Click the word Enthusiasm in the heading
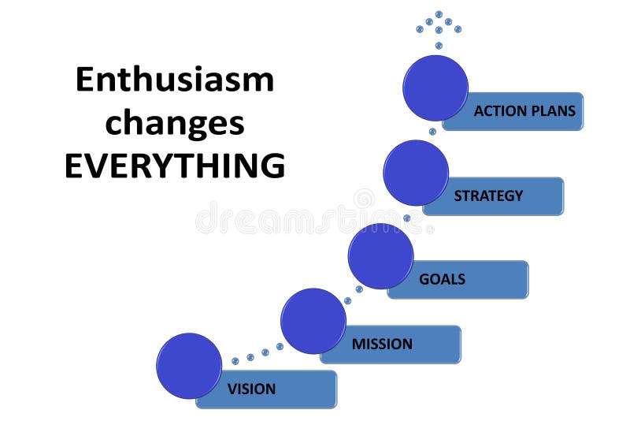pos(174,80)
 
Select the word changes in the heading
pos(174,123)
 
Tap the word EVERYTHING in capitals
pos(174,166)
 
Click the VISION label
pos(251,389)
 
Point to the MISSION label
pos(382,344)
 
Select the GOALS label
pos(442,279)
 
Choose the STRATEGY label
pos(488,196)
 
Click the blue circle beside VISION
pos(189,366)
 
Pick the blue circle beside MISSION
pos(313,321)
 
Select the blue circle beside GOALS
pos(380,255)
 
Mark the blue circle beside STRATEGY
pos(416,173)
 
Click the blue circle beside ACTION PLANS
pos(435,88)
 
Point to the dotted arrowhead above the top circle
pos(439,26)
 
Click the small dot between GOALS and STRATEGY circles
pos(407,218)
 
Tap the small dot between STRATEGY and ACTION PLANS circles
pos(432,132)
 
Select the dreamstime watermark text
pos(315,218)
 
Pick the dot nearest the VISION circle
pos(235,361)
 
